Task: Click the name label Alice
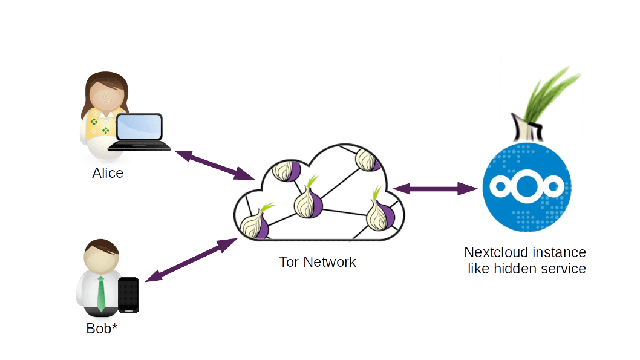point(108,174)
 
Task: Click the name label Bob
point(99,329)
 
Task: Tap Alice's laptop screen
point(139,128)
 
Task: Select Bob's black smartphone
point(128,295)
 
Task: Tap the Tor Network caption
point(318,263)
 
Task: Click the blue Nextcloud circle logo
point(526,188)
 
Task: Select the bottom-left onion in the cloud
point(258,224)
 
